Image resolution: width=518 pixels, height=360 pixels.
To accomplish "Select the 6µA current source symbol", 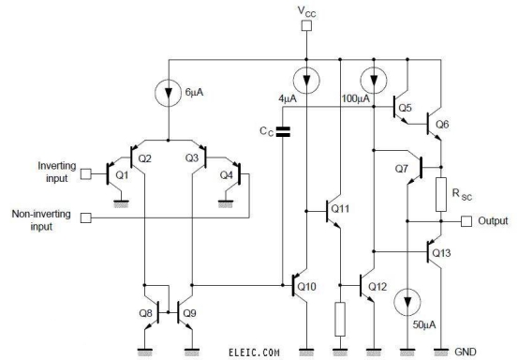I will [x=169, y=93].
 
